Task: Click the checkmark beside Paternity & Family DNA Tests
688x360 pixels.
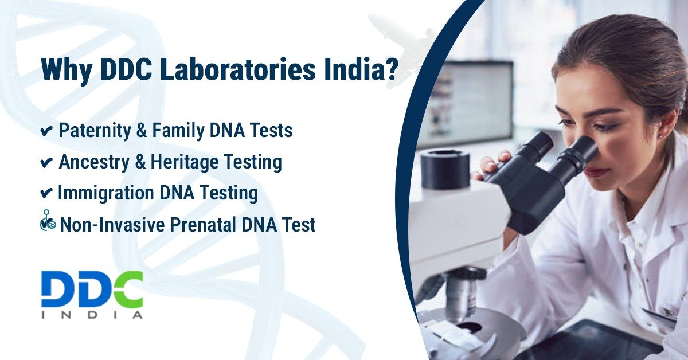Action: point(47,132)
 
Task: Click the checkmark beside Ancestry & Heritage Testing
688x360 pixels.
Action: point(47,163)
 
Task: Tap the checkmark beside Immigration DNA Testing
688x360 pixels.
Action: point(47,194)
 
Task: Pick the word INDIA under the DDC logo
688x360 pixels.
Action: point(92,315)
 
